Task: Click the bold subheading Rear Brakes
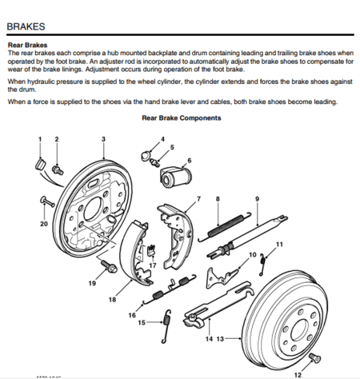click(x=28, y=46)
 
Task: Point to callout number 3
click(x=103, y=140)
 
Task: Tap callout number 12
click(x=297, y=373)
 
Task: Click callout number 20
click(x=43, y=224)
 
